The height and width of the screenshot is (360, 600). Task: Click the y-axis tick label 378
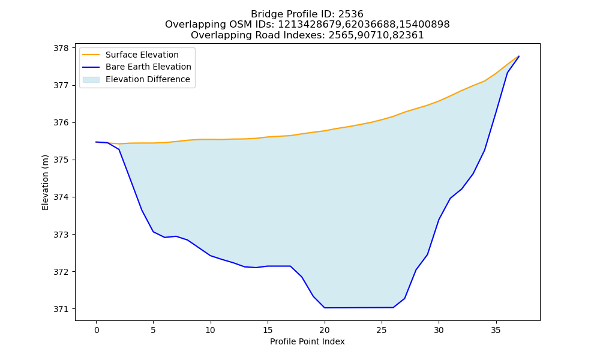61,48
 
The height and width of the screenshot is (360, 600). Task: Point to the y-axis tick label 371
61,309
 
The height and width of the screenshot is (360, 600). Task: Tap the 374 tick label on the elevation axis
61,197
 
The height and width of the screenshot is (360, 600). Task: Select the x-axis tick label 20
325,330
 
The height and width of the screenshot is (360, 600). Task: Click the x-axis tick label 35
496,330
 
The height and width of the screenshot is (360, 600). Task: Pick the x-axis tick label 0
96,330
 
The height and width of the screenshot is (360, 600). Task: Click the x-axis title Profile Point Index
307,341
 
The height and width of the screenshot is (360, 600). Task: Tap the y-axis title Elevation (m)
45,182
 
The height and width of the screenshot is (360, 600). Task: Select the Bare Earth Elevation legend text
148,67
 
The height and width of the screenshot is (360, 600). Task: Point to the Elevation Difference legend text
148,79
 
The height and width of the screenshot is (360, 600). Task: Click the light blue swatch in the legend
91,80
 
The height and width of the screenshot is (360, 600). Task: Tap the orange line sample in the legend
91,55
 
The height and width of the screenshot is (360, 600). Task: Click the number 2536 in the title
351,14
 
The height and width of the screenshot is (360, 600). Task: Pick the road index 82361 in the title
410,35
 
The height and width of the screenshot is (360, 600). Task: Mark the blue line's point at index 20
325,308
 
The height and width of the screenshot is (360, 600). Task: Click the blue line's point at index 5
153,232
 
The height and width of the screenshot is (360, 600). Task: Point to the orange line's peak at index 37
519,56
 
